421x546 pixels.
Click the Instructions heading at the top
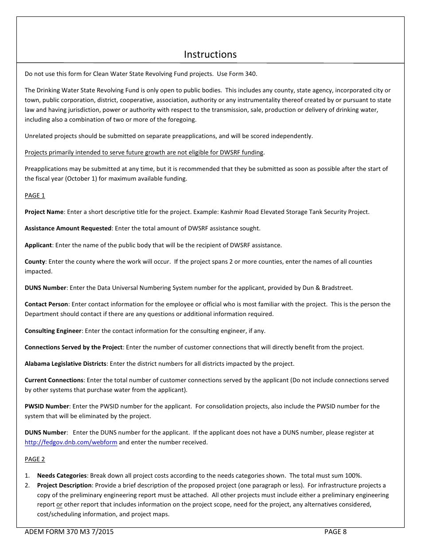[210, 55]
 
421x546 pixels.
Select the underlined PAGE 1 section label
[35, 196]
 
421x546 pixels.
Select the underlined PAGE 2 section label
[35, 459]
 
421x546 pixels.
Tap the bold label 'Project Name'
[44, 212]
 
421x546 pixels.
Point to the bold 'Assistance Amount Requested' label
[68, 229]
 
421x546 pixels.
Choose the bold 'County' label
[35, 261]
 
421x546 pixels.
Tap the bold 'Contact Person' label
[47, 304]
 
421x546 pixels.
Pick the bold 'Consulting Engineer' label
[53, 331]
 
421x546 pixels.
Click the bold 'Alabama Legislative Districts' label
[66, 364]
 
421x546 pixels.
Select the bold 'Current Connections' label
[54, 380]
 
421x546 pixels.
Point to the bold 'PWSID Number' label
[47, 406]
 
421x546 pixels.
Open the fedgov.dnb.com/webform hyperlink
[71, 443]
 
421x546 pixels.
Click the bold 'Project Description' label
[64, 485]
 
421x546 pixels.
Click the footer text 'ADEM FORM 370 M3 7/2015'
[69, 532]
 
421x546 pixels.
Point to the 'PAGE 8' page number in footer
[335, 532]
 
